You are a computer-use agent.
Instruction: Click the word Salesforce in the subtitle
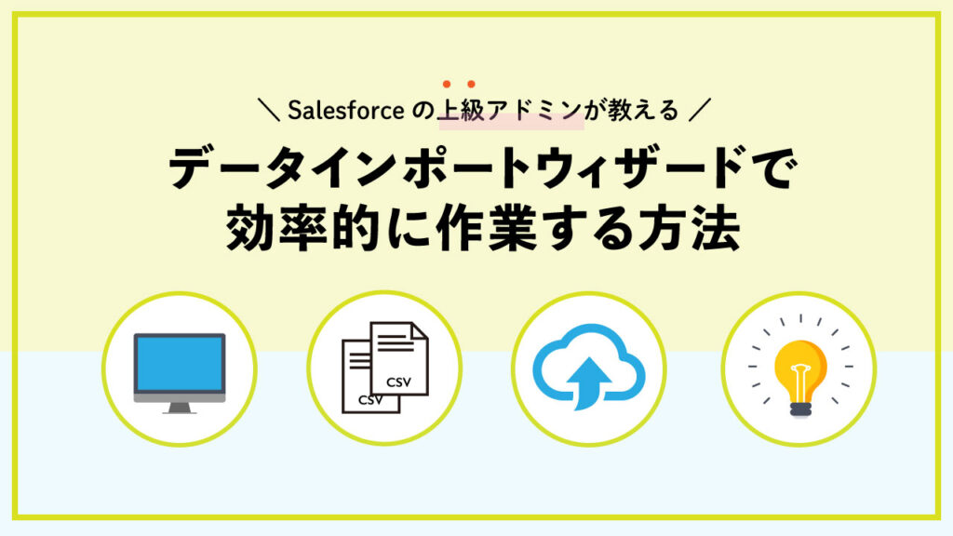345,111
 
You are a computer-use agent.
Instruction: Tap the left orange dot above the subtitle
447,84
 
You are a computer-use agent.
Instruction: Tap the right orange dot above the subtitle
471,84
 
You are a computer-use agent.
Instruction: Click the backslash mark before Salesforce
269,110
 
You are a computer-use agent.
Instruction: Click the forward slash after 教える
700,110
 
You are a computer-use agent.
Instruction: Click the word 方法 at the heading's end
689,229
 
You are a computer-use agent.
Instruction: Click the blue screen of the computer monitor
180,364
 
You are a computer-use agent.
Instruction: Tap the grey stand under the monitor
180,408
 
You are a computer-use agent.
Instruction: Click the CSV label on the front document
398,382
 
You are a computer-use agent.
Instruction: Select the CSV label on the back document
369,400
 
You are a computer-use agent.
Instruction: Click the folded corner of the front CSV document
421,330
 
